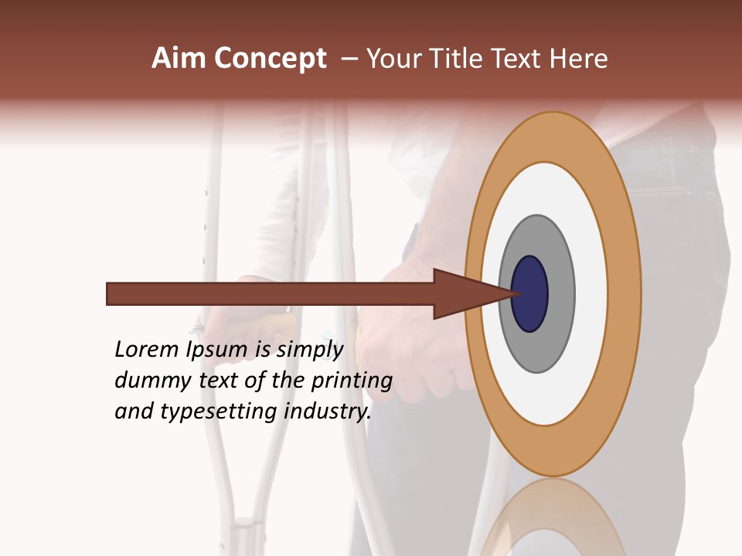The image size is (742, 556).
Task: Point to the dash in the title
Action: click(349, 59)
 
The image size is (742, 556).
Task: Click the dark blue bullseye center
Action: click(529, 294)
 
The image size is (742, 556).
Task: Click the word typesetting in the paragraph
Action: click(220, 412)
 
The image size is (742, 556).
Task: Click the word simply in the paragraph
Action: click(310, 350)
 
